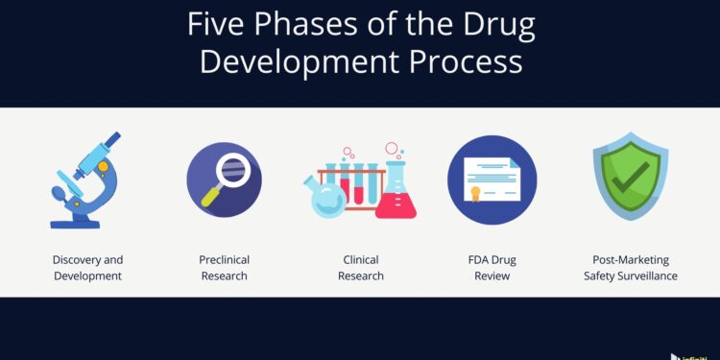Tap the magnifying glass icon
(x=224, y=178)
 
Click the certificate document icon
(x=492, y=180)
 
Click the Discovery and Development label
(x=87, y=268)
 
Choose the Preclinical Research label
(x=223, y=268)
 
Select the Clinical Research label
(x=361, y=268)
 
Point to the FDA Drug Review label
(x=492, y=268)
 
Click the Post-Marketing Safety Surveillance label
(x=630, y=268)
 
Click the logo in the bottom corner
(x=693, y=355)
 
